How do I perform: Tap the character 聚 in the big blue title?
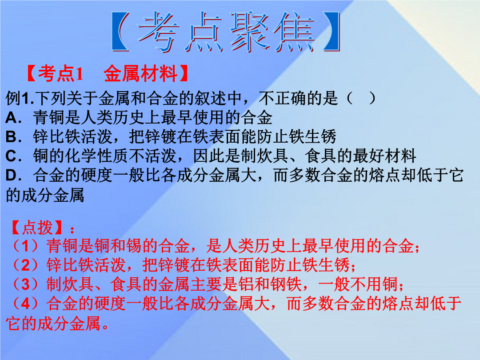point(249,31)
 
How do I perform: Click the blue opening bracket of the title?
point(120,31)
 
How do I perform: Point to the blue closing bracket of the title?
point(331,31)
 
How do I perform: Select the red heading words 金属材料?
point(140,73)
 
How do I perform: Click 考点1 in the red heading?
point(60,73)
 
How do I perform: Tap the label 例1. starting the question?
point(20,99)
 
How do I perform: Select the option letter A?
point(12,118)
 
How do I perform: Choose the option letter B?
point(11,137)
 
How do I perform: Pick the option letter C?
point(11,156)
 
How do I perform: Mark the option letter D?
point(11,176)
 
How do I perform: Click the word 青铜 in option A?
point(49,118)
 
